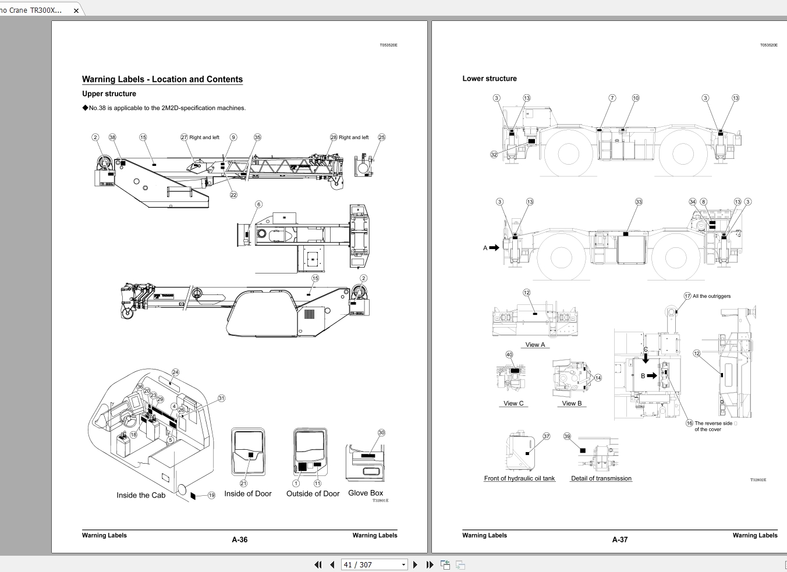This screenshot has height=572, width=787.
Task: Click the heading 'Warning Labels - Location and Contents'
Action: (162, 80)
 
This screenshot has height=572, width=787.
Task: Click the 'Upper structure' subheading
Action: (109, 94)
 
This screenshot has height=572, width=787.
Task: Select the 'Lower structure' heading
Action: (489, 79)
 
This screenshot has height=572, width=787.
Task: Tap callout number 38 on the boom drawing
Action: (112, 137)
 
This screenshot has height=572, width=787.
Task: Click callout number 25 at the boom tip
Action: (381, 137)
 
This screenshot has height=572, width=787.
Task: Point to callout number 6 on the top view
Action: (258, 204)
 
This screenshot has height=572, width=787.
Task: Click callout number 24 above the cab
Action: (175, 372)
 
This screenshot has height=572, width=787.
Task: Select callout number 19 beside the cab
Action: (211, 495)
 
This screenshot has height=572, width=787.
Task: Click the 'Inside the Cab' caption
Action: (141, 495)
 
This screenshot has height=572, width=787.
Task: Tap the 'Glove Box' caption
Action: (366, 493)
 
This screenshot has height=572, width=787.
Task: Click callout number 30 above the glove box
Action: (381, 433)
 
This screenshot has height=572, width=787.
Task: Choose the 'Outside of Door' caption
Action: (313, 493)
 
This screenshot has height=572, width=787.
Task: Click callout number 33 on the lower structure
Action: (639, 202)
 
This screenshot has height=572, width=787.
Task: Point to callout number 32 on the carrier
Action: (494, 155)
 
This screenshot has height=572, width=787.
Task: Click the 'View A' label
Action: (535, 344)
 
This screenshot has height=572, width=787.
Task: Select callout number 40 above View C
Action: (509, 354)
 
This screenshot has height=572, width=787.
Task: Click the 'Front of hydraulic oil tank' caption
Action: (519, 478)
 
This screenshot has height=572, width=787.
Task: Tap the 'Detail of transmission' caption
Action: (601, 478)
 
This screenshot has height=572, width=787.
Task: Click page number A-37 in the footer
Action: (619, 539)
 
